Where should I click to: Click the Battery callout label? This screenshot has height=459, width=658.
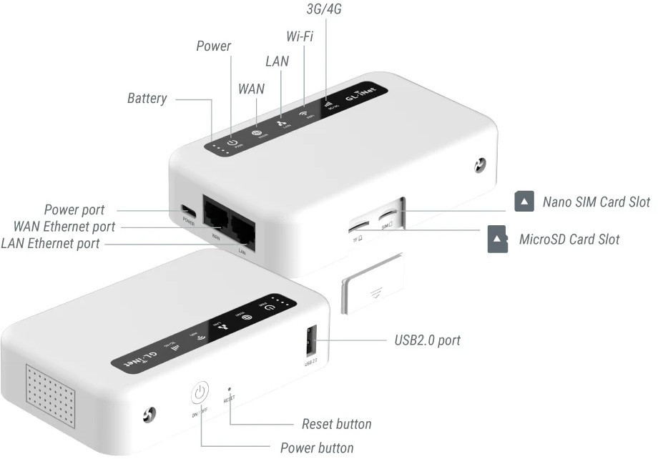point(147,98)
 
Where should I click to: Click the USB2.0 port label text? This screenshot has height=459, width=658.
point(427,340)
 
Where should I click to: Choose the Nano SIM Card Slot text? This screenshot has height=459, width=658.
point(596,202)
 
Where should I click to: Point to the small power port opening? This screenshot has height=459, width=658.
point(188,211)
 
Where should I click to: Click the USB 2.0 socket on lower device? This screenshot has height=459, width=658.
point(310,341)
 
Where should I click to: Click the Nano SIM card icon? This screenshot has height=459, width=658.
point(525,202)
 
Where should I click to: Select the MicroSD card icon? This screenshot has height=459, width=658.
point(498,240)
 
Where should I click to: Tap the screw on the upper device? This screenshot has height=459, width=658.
point(480,166)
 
